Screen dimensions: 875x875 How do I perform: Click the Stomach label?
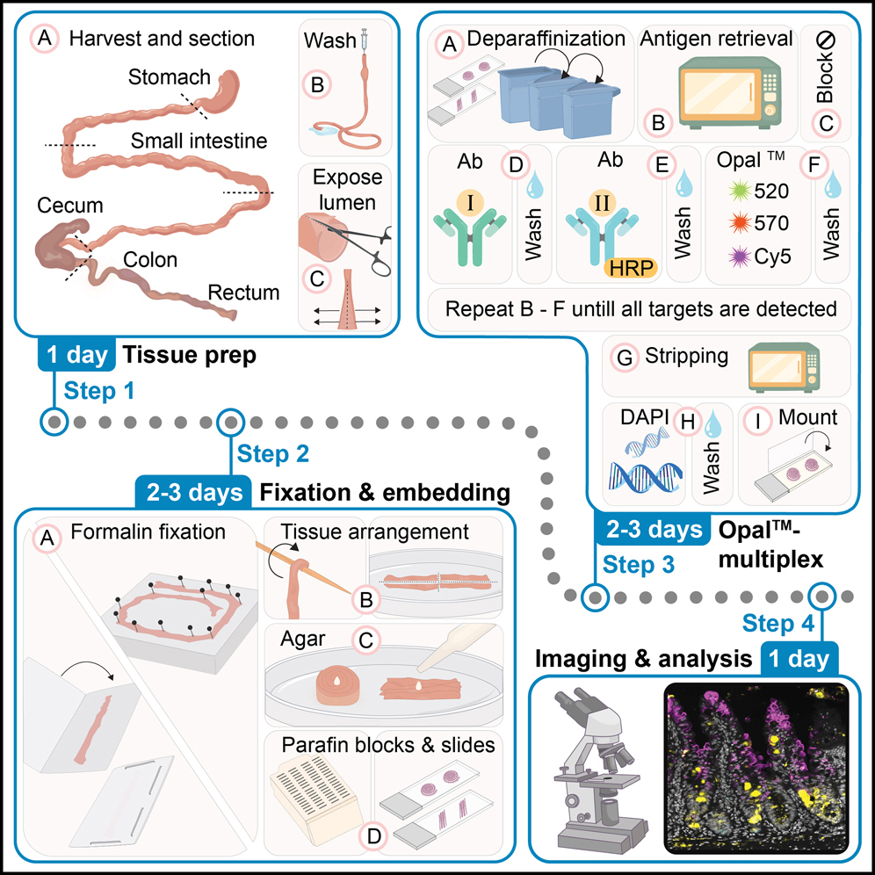point(170,77)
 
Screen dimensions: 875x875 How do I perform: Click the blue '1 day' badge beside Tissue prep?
point(76,355)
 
